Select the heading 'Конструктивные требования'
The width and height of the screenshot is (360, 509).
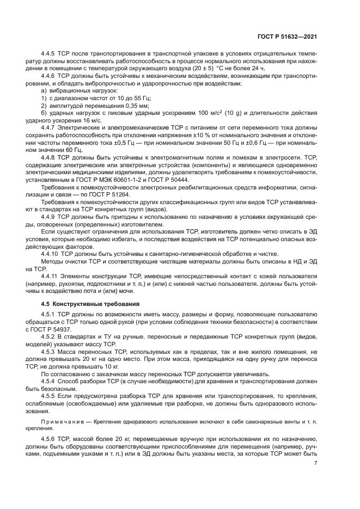(x=91, y=303)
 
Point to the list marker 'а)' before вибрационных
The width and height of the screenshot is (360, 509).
(x=45, y=91)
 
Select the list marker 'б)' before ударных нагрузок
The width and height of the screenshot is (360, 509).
(x=45, y=113)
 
